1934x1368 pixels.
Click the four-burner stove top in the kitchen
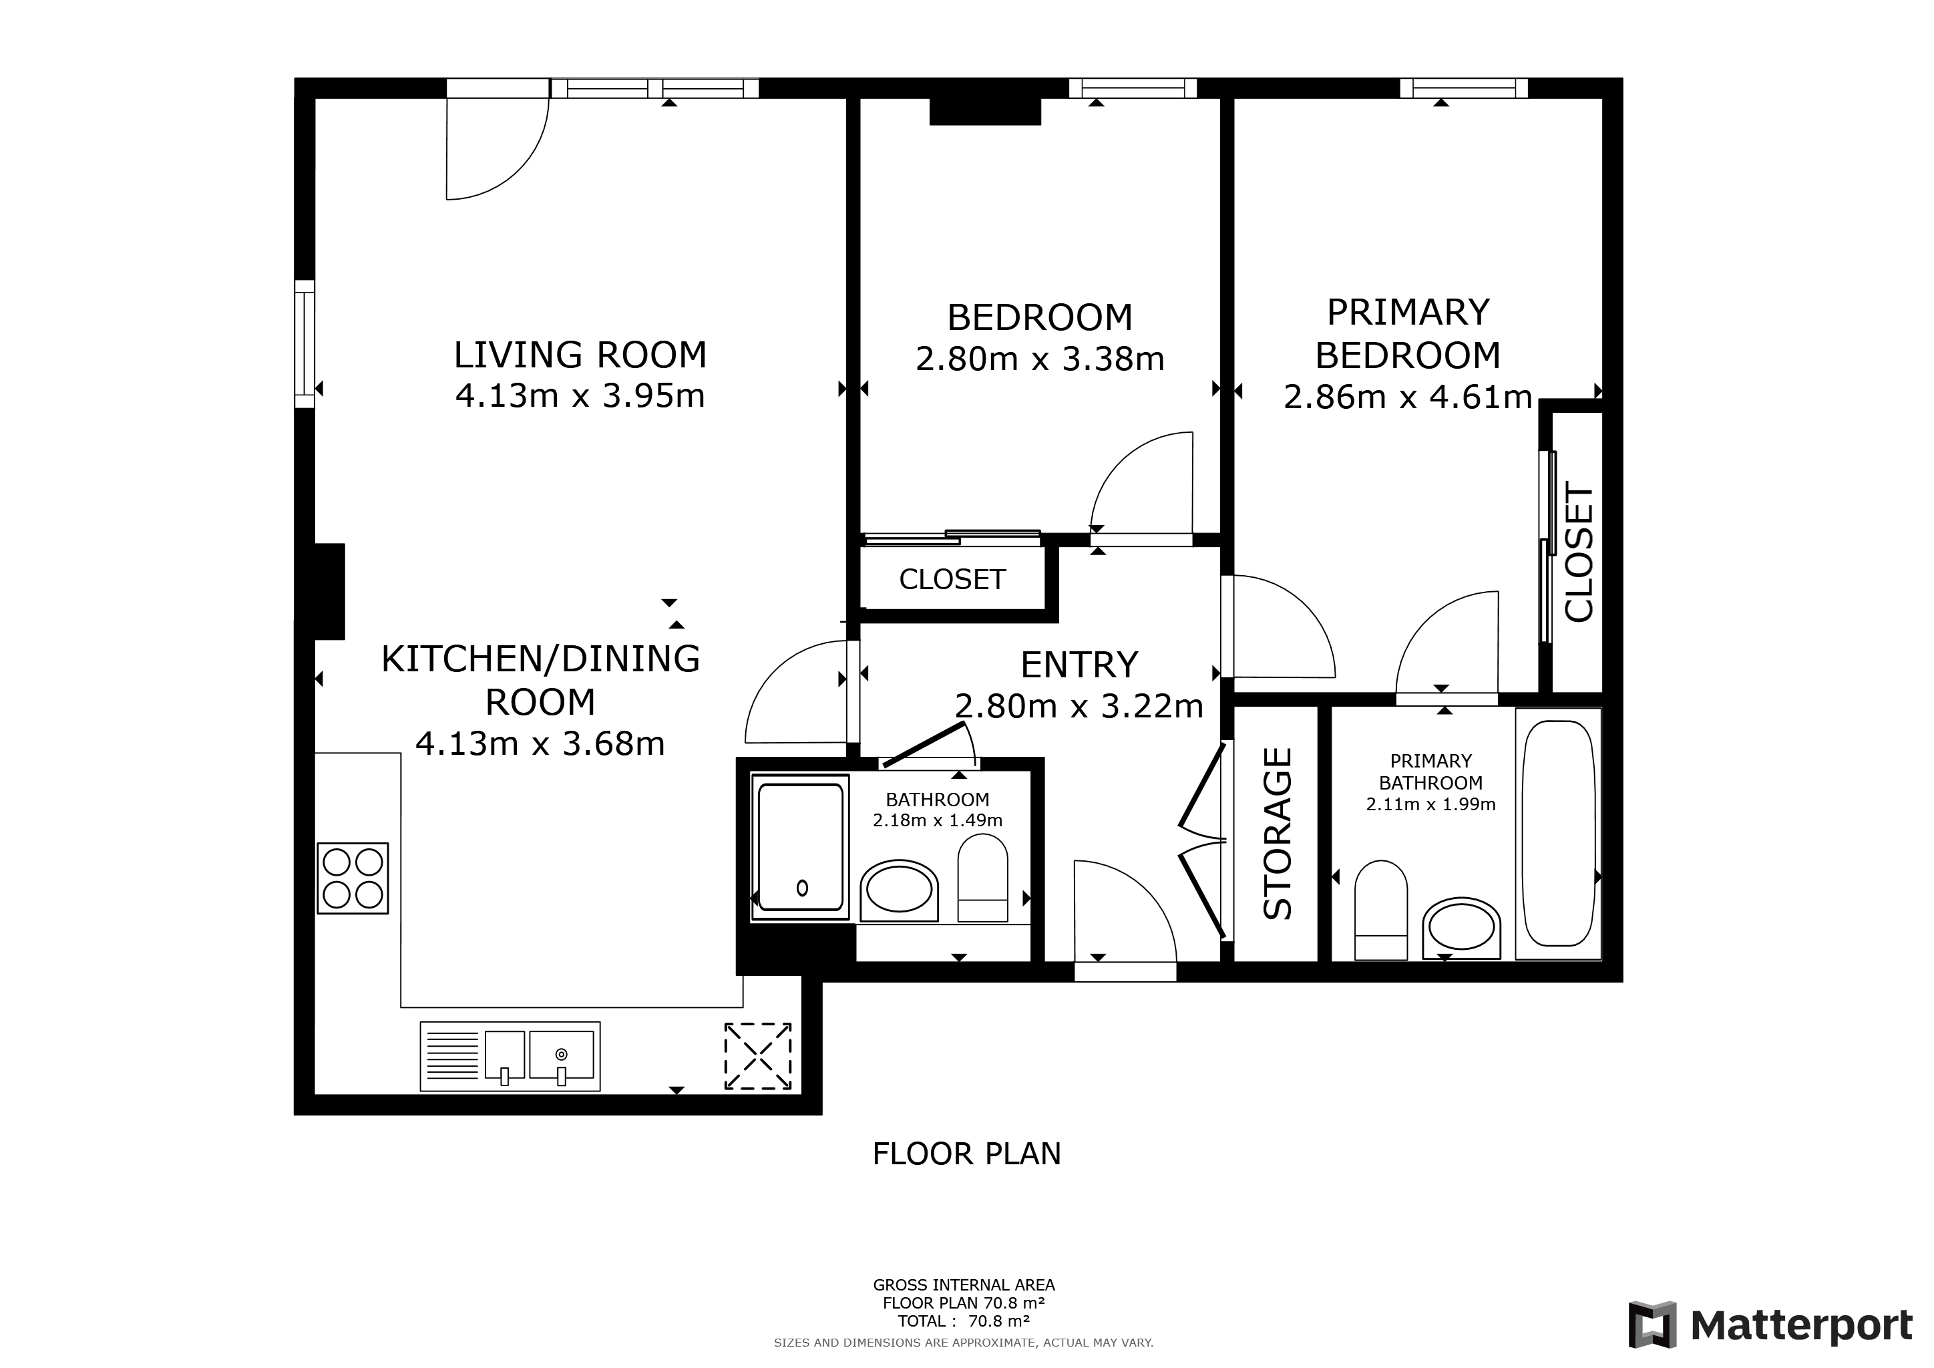click(353, 878)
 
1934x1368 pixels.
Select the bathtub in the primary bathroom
click(1558, 834)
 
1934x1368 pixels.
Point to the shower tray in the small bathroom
click(801, 848)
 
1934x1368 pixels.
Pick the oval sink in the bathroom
click(899, 890)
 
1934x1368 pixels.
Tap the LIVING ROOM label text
click(580, 355)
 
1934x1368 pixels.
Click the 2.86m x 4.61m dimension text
click(1408, 397)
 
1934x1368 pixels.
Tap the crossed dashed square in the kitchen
click(758, 1056)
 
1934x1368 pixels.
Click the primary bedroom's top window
click(1464, 88)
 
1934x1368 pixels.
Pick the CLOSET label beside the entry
click(953, 580)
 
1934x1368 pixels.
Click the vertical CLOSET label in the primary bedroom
click(1579, 552)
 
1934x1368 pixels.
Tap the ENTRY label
click(1079, 665)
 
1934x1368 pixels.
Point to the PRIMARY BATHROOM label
click(1431, 772)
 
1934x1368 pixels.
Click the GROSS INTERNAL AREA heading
click(964, 1285)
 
